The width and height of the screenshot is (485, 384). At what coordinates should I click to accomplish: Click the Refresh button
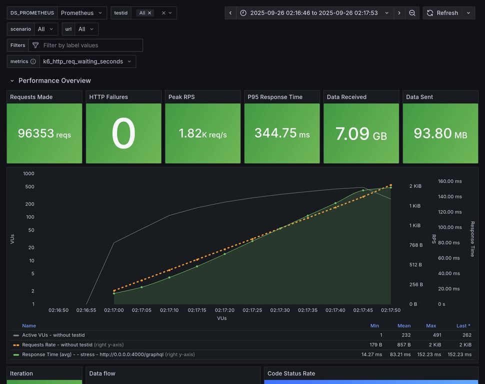(x=442, y=13)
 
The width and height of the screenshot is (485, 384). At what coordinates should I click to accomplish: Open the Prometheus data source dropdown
(x=82, y=13)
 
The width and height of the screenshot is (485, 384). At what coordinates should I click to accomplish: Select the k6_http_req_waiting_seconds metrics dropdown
(x=87, y=61)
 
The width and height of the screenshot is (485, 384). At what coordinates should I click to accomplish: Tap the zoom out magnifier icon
(x=412, y=13)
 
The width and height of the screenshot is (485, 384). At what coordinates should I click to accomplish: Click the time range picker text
(x=314, y=13)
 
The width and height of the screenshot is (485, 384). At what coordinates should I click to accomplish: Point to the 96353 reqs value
(x=44, y=133)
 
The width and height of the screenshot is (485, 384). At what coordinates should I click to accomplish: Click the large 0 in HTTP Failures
(x=123, y=133)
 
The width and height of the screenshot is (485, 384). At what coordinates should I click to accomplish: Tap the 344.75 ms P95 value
(x=282, y=133)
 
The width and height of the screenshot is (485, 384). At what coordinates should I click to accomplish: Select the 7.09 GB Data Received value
(x=361, y=133)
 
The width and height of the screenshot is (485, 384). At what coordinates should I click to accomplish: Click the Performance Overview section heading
(x=54, y=80)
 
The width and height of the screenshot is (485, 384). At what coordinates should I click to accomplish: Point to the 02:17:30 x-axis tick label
(x=280, y=310)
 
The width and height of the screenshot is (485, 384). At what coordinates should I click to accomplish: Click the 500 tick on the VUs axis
(x=29, y=187)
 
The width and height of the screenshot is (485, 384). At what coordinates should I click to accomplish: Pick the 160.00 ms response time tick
(x=450, y=181)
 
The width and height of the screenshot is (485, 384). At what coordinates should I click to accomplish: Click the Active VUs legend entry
(x=53, y=335)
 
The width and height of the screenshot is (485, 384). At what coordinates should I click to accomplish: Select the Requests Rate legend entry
(x=57, y=344)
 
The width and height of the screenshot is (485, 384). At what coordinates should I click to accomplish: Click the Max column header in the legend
(x=430, y=325)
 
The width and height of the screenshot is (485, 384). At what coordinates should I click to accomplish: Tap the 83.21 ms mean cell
(x=400, y=354)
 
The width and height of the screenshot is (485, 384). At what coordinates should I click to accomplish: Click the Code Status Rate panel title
(x=291, y=373)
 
